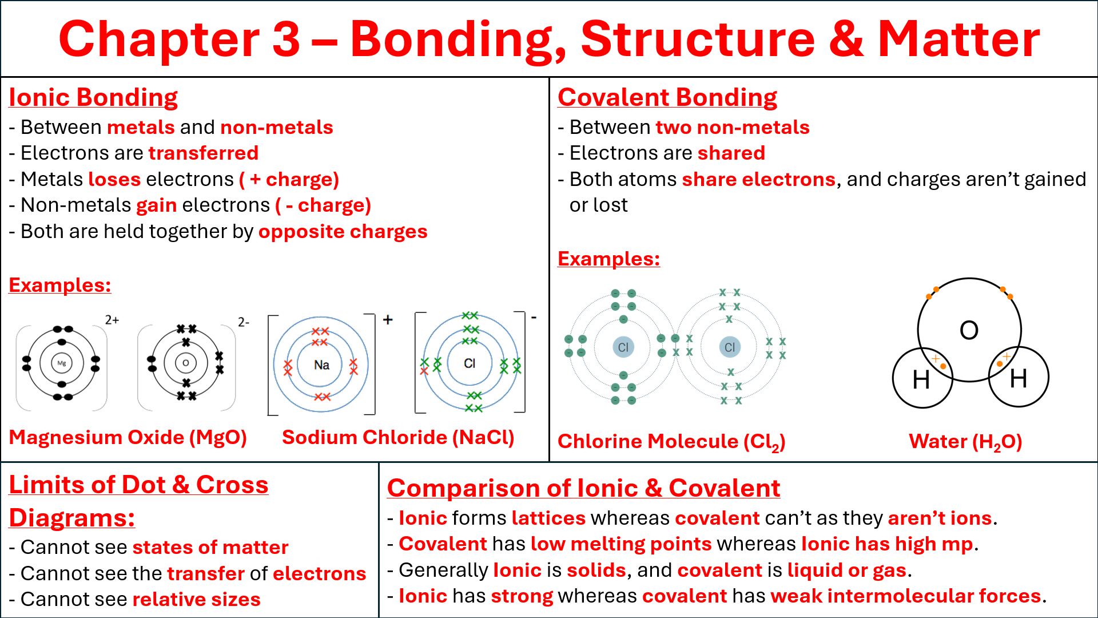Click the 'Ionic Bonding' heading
[x=93, y=97]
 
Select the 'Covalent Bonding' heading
[x=667, y=97]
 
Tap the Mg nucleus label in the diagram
[x=62, y=363]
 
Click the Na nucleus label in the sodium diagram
[x=321, y=365]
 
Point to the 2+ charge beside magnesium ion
[x=112, y=320]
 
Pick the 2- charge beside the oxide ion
[x=244, y=322]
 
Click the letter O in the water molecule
[x=969, y=330]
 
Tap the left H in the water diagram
[x=921, y=379]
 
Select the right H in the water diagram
[x=1018, y=378]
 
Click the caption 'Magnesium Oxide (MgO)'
[x=128, y=437]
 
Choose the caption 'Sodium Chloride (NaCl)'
[x=398, y=437]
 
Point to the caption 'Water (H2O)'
[x=965, y=441]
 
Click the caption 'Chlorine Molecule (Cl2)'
[x=671, y=441]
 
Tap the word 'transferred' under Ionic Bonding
[x=204, y=153]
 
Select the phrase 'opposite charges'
[x=343, y=231]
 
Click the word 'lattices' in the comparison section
[x=548, y=518]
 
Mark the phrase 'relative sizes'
[x=196, y=599]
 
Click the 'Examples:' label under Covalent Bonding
[x=608, y=259]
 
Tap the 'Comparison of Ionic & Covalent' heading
[x=583, y=488]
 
